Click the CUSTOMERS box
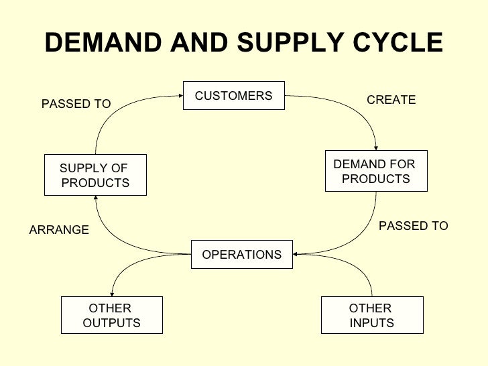coord(234,97)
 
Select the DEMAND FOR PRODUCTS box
coord(376,172)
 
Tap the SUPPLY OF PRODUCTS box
coord(95,176)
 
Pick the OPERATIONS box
coord(242,255)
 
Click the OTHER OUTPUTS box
coord(111,315)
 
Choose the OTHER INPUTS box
coord(372,315)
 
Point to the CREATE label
coord(391,100)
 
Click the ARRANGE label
coord(60,230)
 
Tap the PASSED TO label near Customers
coord(76,104)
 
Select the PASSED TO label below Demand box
coord(414,226)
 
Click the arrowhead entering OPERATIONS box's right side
coord(296,254)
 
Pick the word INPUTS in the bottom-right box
coord(372,323)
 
